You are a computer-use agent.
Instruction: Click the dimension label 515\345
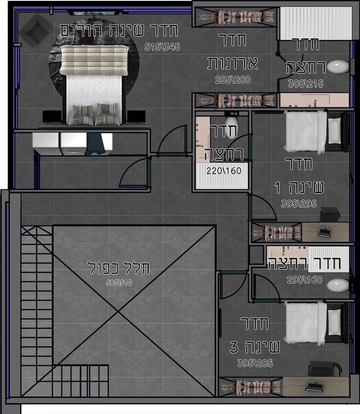(x=162, y=47)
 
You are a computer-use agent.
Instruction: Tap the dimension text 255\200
(x=233, y=80)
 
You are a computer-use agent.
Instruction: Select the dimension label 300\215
(x=306, y=84)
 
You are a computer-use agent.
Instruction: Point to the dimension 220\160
(x=224, y=171)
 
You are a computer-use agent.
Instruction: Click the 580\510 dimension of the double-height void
(x=119, y=283)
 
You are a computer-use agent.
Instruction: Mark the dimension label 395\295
(x=299, y=204)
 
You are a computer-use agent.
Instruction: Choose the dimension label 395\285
(x=255, y=363)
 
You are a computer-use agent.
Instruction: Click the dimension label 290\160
(x=304, y=280)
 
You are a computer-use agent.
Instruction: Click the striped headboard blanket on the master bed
(x=94, y=60)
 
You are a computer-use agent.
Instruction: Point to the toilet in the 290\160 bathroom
(x=338, y=285)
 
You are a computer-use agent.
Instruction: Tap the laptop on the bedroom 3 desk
(x=314, y=386)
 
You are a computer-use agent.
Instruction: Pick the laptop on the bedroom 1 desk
(x=325, y=232)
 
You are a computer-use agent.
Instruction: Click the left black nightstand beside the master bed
(x=52, y=116)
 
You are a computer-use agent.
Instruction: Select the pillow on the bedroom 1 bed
(x=334, y=131)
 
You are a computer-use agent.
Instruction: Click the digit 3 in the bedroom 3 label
(x=234, y=347)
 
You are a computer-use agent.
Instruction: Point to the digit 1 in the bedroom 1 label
(x=277, y=188)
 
